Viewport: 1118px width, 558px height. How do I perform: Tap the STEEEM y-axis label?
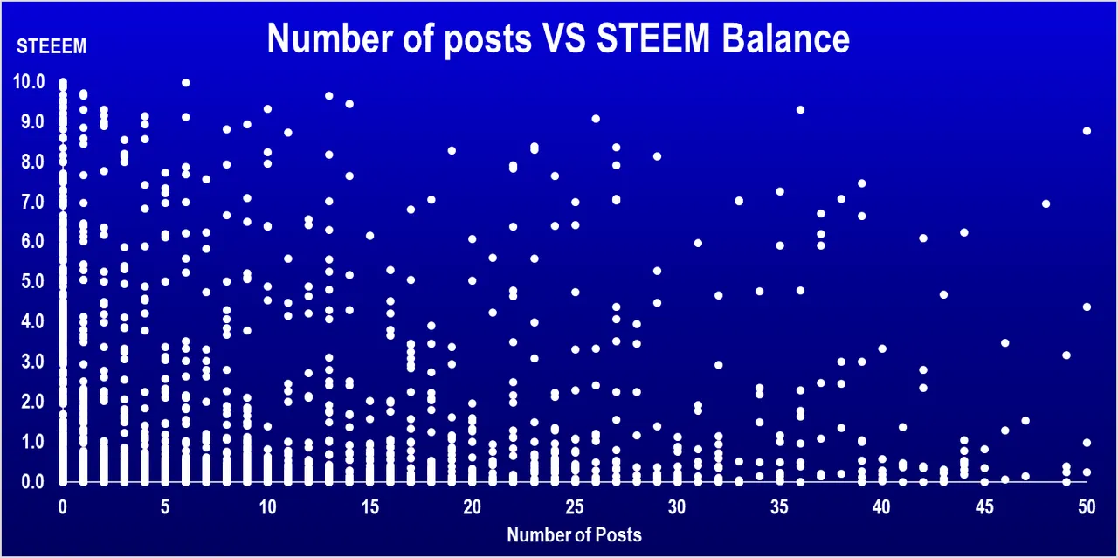click(52, 47)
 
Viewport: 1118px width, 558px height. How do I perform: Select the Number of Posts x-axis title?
click(574, 534)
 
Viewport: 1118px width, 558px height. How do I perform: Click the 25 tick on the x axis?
click(575, 506)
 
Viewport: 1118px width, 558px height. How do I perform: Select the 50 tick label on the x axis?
click(1087, 506)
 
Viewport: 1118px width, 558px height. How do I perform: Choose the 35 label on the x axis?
click(780, 506)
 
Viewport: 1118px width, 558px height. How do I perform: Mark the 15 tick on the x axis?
click(370, 506)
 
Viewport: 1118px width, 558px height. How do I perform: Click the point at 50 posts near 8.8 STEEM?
click(1087, 131)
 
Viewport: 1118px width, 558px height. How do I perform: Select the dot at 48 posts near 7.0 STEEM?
click(1046, 204)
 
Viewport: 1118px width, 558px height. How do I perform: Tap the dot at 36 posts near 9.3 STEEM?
click(800, 110)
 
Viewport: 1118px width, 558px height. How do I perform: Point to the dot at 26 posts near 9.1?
click(596, 119)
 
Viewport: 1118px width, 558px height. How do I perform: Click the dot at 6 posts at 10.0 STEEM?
click(186, 83)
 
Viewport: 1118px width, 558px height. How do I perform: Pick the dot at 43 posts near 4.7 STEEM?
click(943, 294)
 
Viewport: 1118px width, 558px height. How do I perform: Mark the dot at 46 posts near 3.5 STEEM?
click(1004, 343)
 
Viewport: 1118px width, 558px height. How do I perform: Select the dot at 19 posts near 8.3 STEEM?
click(452, 150)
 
